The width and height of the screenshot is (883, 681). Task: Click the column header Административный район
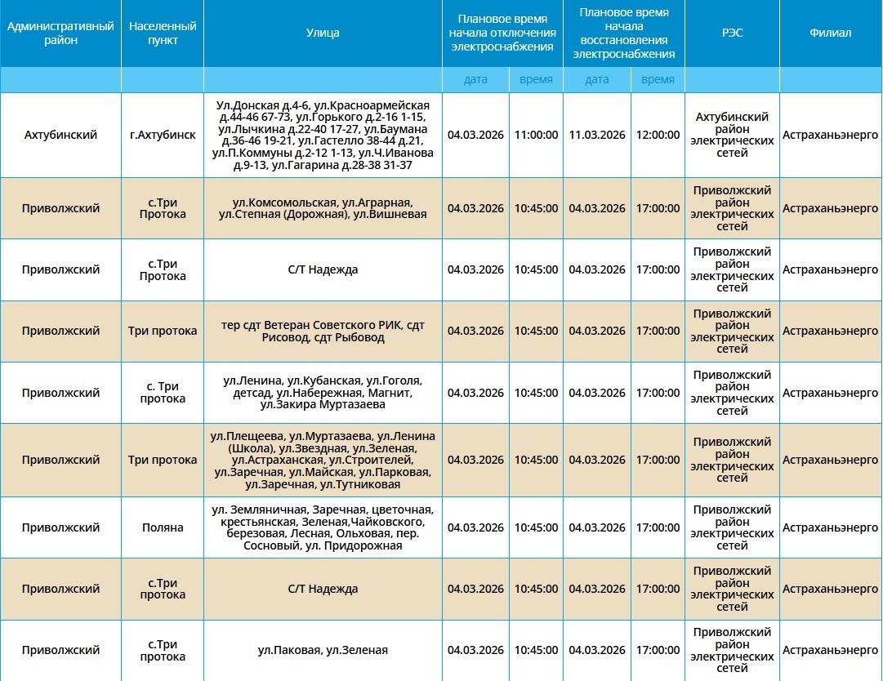point(60,33)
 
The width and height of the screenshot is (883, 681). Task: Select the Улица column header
point(323,33)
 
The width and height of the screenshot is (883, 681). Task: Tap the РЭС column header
point(732,33)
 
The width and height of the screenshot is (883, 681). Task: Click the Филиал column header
point(830,33)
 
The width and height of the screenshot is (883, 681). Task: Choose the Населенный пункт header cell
point(163,33)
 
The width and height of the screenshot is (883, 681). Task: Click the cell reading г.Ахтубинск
point(163,135)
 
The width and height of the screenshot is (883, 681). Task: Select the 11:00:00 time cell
point(536,135)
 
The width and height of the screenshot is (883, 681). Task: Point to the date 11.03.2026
point(597,135)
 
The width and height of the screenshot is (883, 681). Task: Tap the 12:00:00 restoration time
point(658,135)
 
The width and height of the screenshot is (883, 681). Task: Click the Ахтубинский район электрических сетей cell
point(732,135)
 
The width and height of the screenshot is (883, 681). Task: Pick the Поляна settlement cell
point(163,527)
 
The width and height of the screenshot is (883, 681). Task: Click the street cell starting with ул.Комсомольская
point(323,208)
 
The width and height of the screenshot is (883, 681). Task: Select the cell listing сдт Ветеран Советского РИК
point(323,332)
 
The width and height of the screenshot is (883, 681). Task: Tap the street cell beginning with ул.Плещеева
point(323,461)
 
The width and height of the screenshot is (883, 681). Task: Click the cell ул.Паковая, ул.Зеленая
point(323,651)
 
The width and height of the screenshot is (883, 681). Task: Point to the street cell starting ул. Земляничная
point(323,527)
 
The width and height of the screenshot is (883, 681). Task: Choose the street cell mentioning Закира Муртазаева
point(323,393)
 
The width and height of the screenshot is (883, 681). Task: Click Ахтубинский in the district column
point(60,135)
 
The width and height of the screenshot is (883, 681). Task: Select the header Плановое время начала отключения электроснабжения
point(502,33)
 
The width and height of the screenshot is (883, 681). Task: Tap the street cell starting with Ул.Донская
point(323,135)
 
